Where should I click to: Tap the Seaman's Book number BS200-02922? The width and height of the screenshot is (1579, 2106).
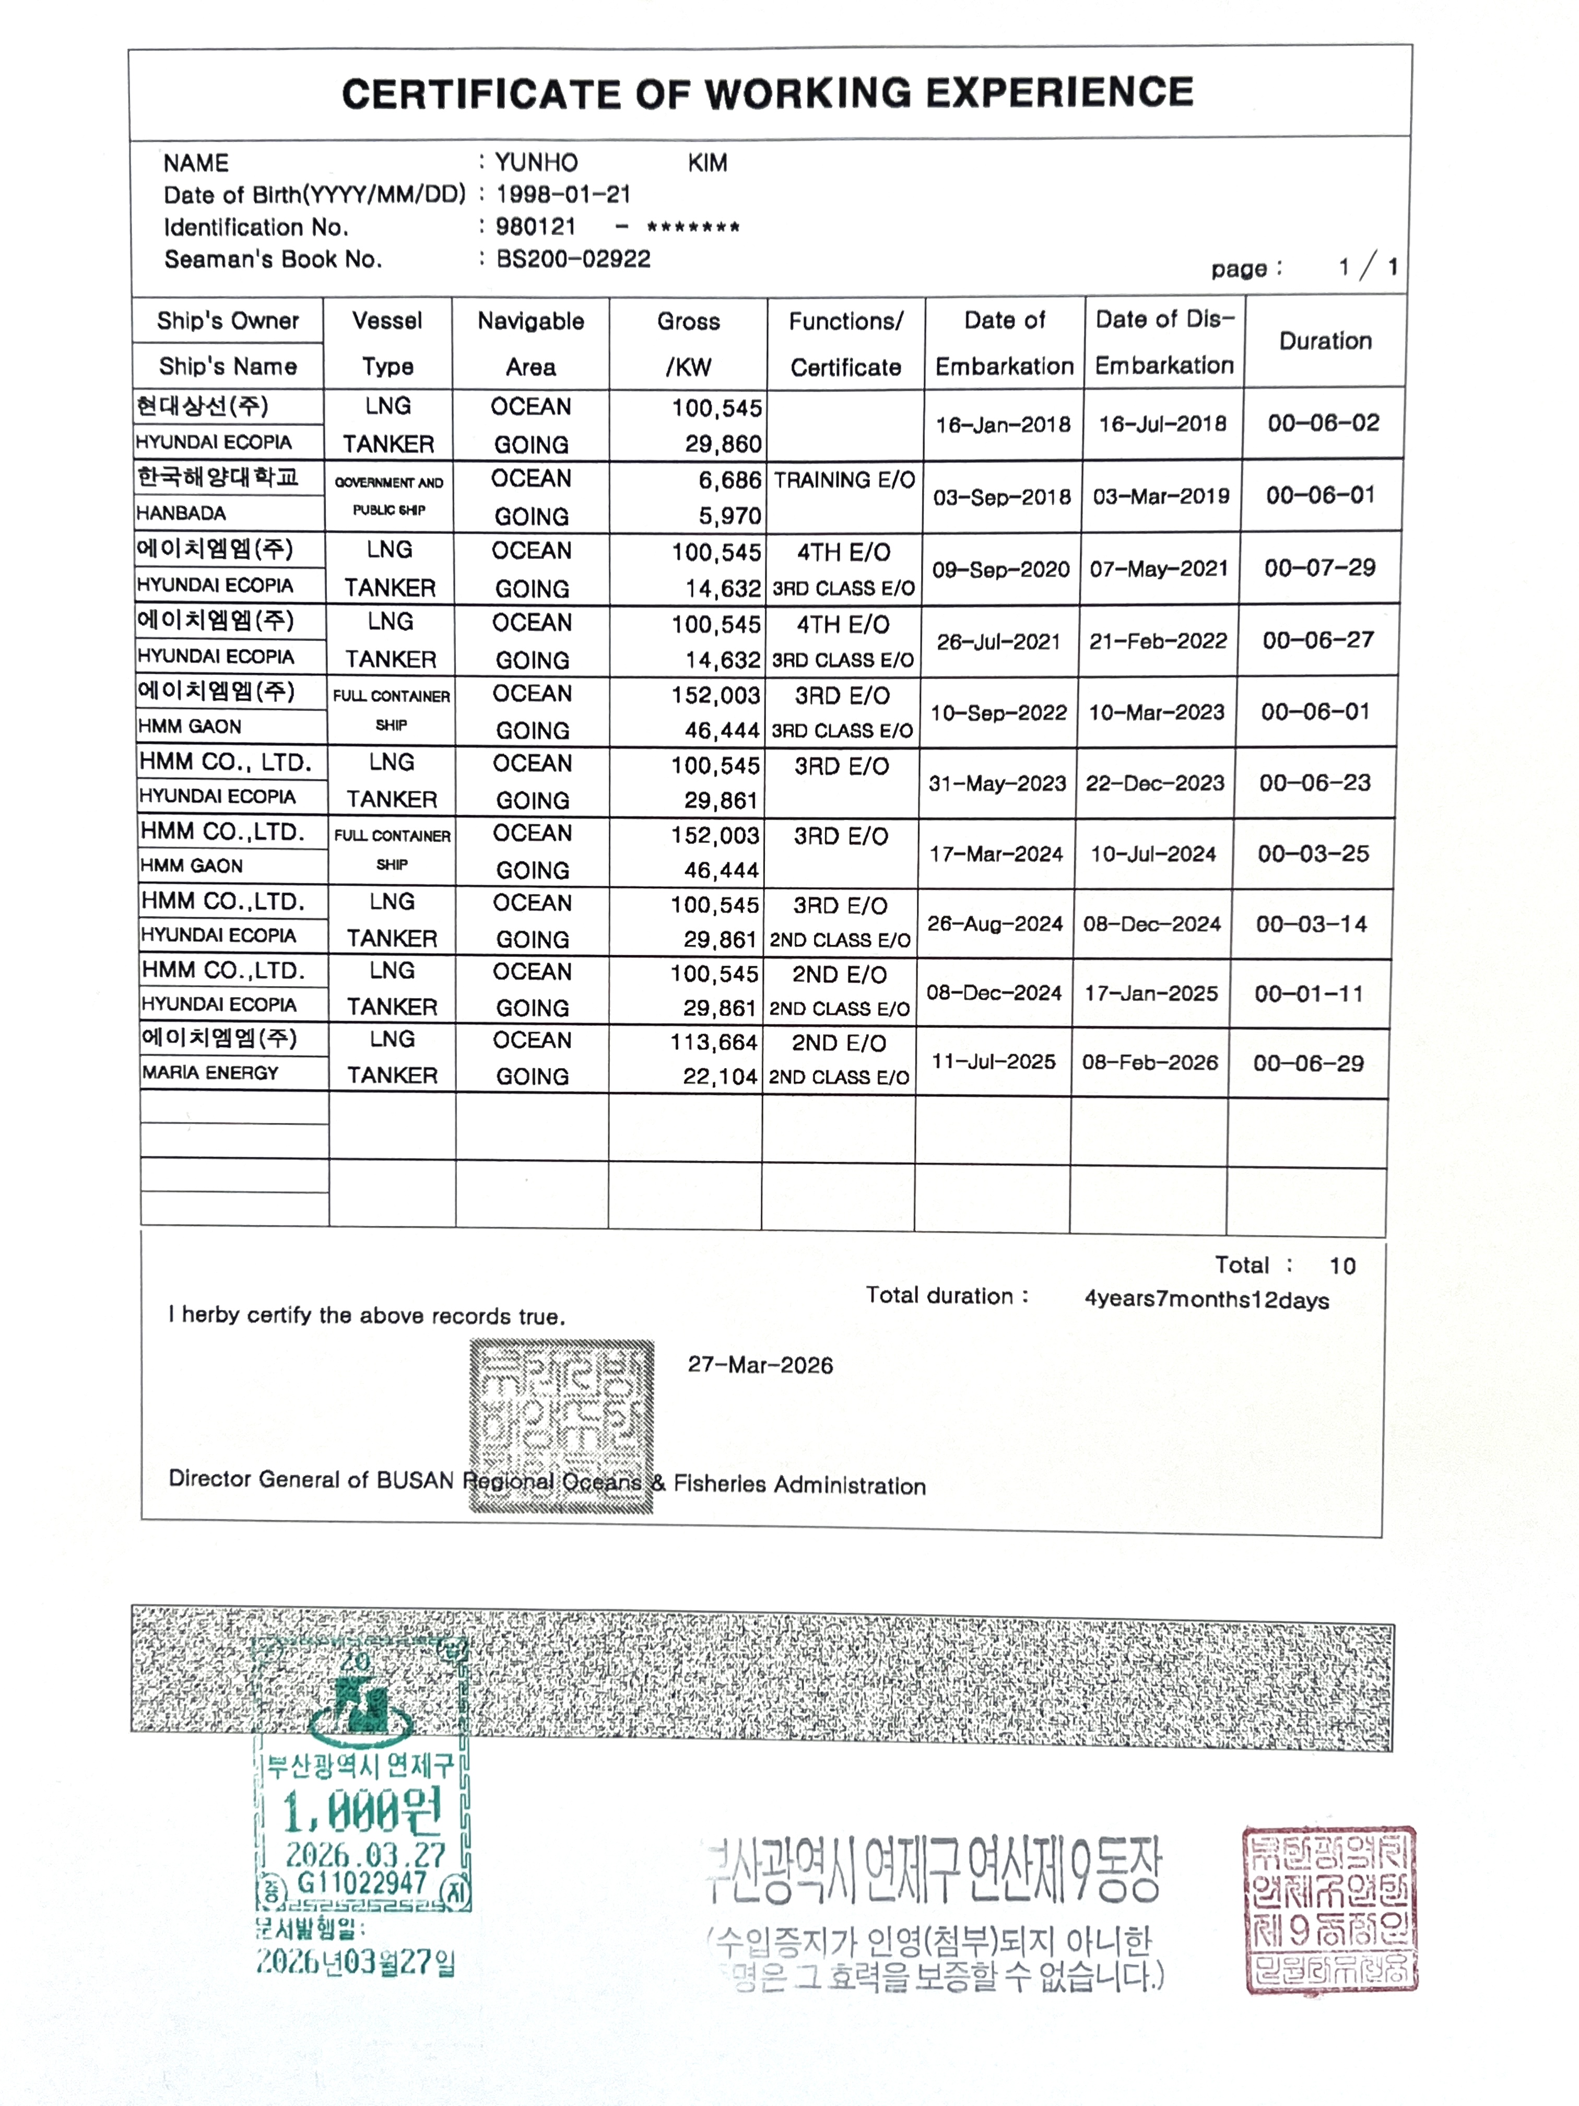pos(573,259)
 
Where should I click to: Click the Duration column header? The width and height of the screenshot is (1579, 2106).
pos(1325,341)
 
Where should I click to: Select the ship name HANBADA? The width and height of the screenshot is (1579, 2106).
pos(181,513)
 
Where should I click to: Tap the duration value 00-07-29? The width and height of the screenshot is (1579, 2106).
pos(1319,568)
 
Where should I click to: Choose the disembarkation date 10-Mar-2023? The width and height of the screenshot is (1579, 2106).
pos(1156,712)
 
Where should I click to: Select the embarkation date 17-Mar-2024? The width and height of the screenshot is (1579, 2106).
pos(996,854)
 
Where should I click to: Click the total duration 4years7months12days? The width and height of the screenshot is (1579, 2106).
pos(1206,1300)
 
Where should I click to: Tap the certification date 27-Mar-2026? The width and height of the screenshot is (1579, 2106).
pos(760,1365)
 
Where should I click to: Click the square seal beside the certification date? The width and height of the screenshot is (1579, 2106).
pos(561,1425)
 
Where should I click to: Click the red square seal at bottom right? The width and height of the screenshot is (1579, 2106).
pos(1329,1909)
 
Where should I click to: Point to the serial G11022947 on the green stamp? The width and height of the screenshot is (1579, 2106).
pos(362,1882)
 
